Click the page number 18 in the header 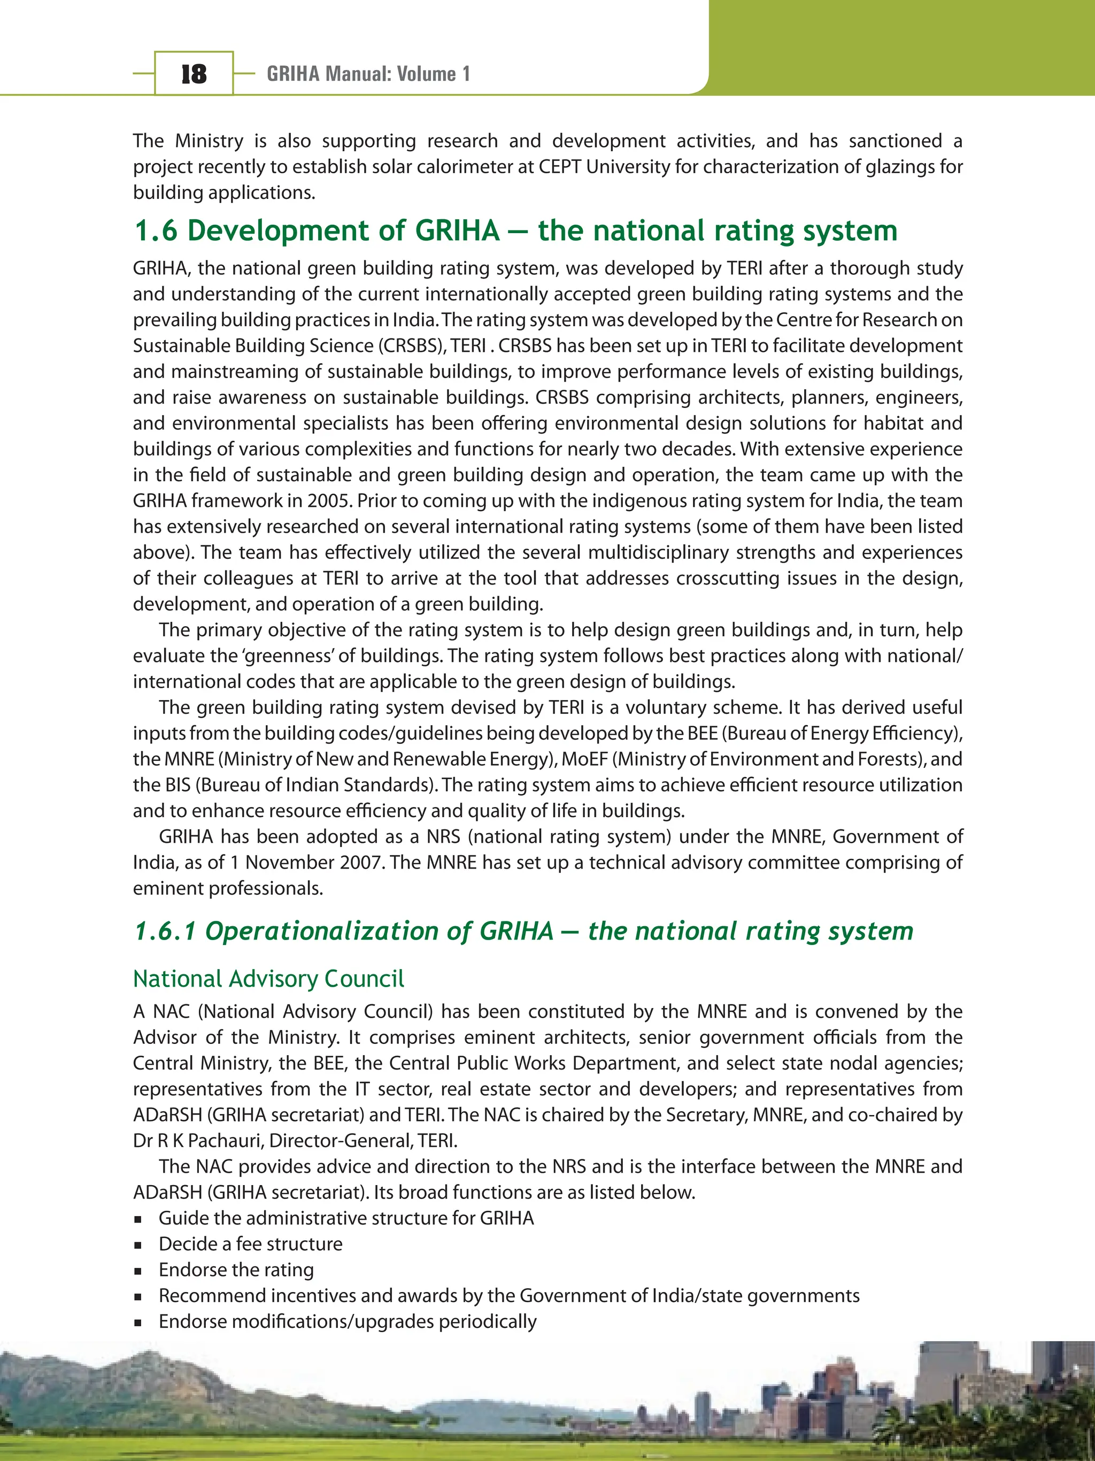tap(194, 73)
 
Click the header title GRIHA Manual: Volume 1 tap(368, 73)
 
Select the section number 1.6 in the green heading tap(156, 230)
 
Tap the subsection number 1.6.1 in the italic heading tap(165, 931)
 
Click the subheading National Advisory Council tap(268, 978)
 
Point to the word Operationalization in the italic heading tap(322, 931)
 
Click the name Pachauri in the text tap(225, 1141)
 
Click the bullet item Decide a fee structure tap(250, 1244)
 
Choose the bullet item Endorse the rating tap(236, 1270)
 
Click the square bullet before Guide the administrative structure tap(138, 1219)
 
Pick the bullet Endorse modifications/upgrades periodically tap(348, 1321)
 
